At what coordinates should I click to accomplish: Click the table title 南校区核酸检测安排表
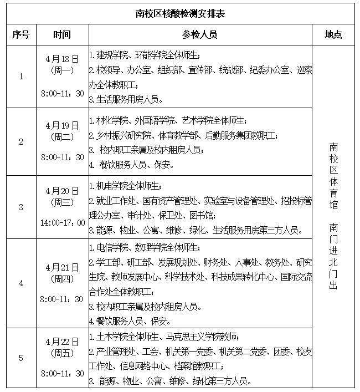[180, 13]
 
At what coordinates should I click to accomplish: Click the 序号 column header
[21, 34]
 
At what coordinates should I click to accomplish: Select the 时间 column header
[62, 34]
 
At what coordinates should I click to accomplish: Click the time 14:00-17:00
[62, 222]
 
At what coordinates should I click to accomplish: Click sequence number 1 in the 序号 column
[21, 77]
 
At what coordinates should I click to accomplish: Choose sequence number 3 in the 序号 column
[21, 207]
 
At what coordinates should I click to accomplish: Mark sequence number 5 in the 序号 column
[21, 358]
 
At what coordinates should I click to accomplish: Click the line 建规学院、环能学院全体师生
[145, 55]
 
